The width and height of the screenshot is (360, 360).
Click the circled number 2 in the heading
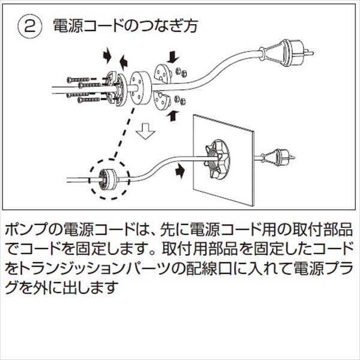pos(28,26)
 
